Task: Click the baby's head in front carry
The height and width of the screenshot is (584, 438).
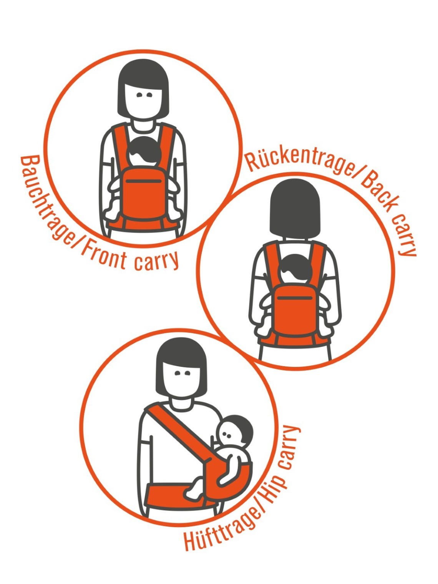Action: pos(144,152)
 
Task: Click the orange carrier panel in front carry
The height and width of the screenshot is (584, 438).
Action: pos(144,194)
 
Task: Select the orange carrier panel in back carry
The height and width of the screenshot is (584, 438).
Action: pos(295,311)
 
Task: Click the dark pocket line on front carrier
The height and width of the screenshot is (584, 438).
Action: pos(144,181)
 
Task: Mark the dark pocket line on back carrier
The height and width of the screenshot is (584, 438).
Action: pos(295,298)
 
